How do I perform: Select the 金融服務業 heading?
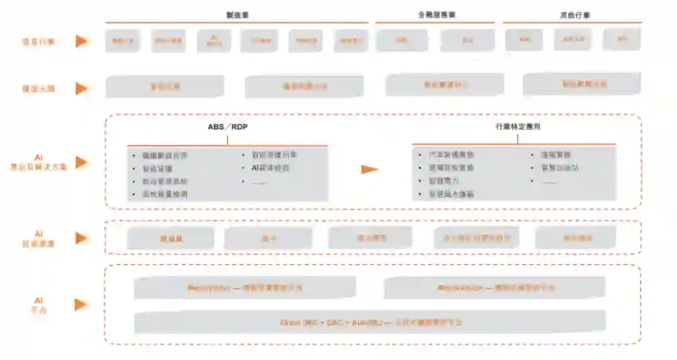[x=437, y=15]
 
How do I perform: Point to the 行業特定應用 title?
[x=518, y=127]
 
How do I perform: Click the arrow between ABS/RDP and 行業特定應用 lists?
[x=370, y=169]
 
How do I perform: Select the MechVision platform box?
[x=245, y=288]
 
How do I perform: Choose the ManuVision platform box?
[x=495, y=288]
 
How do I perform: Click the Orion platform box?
[x=370, y=322]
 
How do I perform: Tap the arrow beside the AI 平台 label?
[x=80, y=304]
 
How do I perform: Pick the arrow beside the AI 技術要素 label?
[x=80, y=238]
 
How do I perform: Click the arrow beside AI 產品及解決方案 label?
[x=80, y=162]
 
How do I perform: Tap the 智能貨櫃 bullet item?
[x=157, y=169]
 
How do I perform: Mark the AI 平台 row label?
[x=38, y=305]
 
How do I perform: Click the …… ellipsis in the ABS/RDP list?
[x=258, y=182]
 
